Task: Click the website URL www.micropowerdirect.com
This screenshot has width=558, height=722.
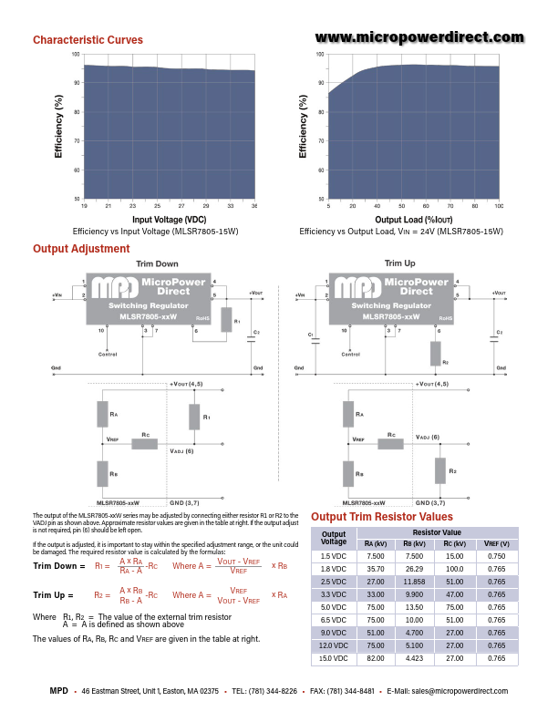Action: [420, 37]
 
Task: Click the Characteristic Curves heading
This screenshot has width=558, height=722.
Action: [88, 40]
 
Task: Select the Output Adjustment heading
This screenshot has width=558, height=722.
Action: [81, 249]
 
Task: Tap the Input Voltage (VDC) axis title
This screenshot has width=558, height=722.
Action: [170, 220]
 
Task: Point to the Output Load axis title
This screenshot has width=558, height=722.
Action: [413, 220]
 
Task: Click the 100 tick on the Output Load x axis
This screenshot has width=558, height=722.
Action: [499, 206]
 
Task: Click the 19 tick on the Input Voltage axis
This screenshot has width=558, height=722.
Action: [85, 206]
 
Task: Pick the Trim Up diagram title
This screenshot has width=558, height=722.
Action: [399, 263]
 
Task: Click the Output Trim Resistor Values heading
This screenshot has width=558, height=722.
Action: [383, 516]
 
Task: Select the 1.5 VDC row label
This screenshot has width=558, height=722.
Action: [334, 555]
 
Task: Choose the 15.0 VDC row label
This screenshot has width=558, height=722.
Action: [334, 657]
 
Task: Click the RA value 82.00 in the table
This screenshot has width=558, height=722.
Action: [375, 657]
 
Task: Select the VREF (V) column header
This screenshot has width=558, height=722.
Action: [496, 543]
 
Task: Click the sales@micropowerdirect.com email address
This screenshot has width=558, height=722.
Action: [459, 692]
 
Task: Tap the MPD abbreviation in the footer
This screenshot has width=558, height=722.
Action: [59, 692]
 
